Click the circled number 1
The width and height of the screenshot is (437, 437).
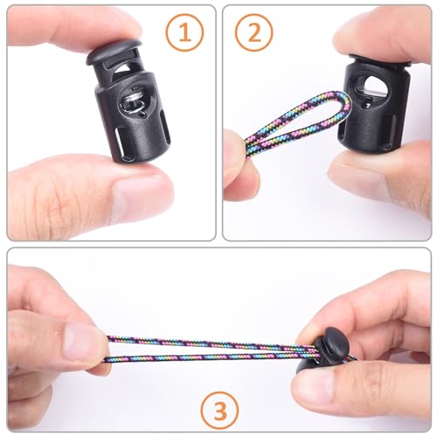(184, 33)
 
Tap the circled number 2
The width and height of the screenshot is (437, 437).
(254, 33)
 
